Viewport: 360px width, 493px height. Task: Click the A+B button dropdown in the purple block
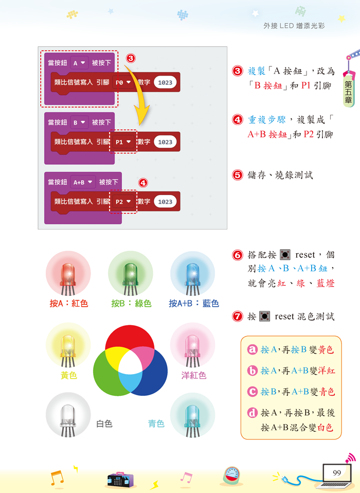pos(83,182)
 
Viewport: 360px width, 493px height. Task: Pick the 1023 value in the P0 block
pos(165,82)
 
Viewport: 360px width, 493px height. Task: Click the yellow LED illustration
pos(68,346)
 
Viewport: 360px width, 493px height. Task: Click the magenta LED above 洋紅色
pos(192,346)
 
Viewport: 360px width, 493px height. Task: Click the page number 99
pos(337,473)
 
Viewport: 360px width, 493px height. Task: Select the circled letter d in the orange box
pos(252,413)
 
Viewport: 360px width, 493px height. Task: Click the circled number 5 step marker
pos(238,175)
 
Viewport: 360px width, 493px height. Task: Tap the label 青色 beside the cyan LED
pos(156,424)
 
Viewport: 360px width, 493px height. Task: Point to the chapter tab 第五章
pos(348,93)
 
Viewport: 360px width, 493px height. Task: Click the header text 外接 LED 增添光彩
pos(294,25)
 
